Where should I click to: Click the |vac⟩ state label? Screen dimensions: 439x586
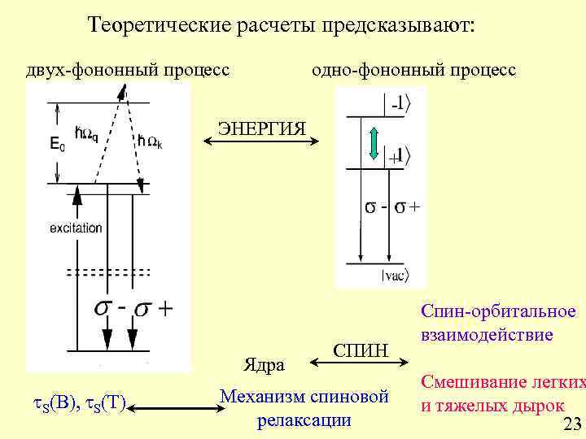click(x=396, y=276)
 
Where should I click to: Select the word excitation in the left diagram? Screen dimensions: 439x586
click(x=76, y=228)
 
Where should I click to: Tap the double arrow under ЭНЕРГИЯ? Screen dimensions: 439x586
click(x=260, y=145)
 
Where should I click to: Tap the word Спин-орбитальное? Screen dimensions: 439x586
click(x=498, y=311)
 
